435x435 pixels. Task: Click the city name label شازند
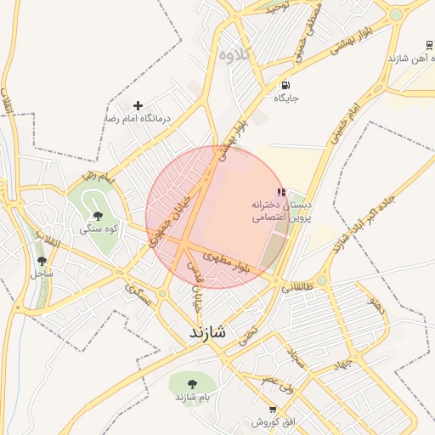(208, 333)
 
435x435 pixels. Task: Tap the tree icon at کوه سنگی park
(98, 216)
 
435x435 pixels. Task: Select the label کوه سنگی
(98, 229)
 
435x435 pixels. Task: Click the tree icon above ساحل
(42, 261)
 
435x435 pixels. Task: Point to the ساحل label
(42, 274)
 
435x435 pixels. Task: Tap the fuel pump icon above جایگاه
(285, 85)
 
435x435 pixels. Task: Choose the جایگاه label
(285, 99)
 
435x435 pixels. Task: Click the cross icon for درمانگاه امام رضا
(138, 105)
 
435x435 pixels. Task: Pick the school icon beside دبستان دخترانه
(281, 193)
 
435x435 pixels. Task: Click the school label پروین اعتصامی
(281, 218)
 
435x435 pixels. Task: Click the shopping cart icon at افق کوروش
(272, 409)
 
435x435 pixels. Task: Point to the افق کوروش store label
(272, 421)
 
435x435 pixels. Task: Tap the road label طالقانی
(297, 287)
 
